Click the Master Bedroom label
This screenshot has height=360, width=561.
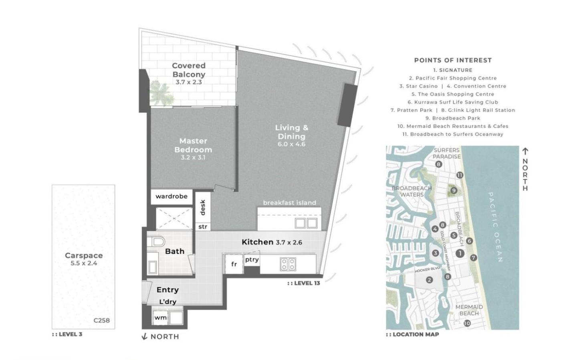[x=193, y=145]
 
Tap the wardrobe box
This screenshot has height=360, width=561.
[x=172, y=197]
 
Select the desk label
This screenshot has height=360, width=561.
[x=203, y=207]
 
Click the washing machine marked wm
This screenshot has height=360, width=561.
[x=161, y=318]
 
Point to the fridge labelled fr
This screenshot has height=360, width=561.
[x=234, y=264]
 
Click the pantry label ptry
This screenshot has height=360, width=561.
[x=252, y=259]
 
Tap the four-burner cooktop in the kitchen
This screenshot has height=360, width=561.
[x=288, y=264]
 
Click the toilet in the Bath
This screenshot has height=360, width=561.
[x=156, y=242]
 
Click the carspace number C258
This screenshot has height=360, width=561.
[x=102, y=320]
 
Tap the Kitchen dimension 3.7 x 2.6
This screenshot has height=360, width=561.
[x=289, y=243]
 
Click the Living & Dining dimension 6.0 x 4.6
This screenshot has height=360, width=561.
[x=292, y=144]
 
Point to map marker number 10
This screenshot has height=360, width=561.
[x=467, y=324]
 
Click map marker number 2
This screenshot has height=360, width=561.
[x=430, y=280]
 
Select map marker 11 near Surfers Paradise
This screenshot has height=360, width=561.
[x=460, y=175]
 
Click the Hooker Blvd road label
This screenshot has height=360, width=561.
[x=428, y=270]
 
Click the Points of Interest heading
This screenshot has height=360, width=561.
[x=453, y=61]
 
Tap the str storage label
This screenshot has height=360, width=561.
[x=203, y=227]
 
